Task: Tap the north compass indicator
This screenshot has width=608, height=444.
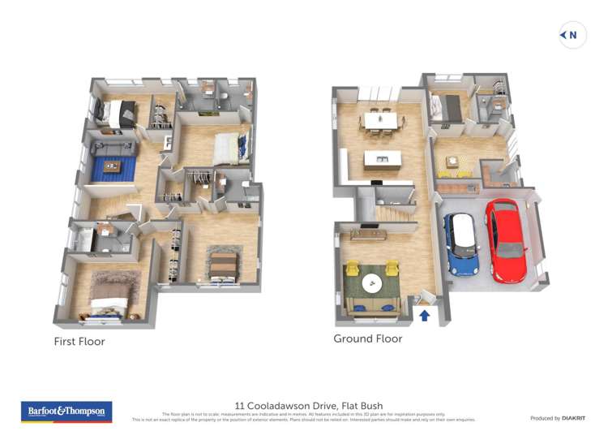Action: pos(572,35)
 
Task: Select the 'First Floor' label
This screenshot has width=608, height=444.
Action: pos(79,342)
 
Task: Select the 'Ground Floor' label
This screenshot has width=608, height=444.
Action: pos(368,338)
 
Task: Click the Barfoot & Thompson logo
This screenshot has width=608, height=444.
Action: pos(66,412)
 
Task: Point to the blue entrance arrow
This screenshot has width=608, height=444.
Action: pos(424,315)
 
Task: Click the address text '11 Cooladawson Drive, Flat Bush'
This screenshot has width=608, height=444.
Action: pos(309,406)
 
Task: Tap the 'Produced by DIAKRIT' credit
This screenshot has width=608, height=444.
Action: pos(558,418)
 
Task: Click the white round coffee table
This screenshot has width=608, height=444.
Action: pos(372,283)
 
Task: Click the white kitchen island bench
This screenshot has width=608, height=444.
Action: pos(379,160)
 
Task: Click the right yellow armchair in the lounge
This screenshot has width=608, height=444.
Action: pos(392,269)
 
